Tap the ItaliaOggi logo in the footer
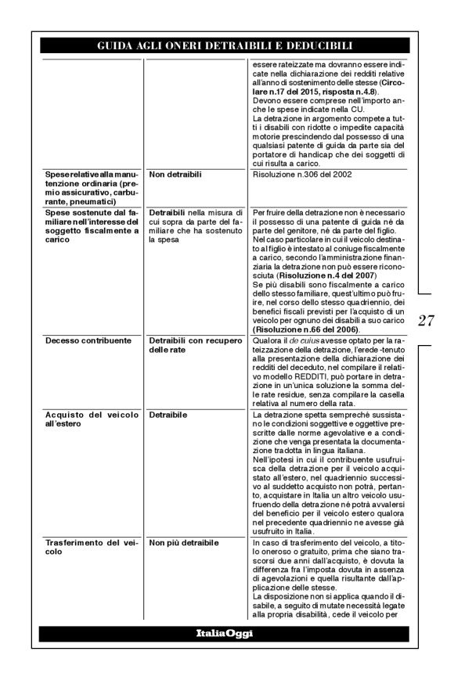tap(225, 632)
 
